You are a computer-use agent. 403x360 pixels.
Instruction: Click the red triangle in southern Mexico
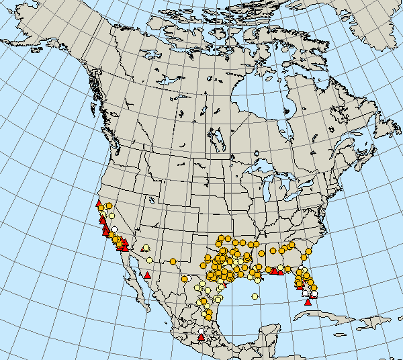pos(201,338)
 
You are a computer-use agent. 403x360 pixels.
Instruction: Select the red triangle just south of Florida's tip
pos(308,302)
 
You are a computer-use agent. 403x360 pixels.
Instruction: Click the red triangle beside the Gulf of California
pos(147,275)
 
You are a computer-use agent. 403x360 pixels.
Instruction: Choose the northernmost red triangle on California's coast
pos(99,203)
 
